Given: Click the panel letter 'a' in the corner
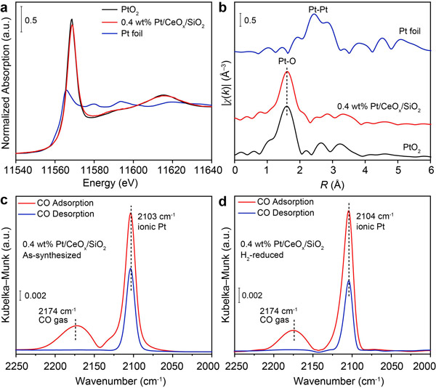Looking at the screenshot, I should click(6, 7).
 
